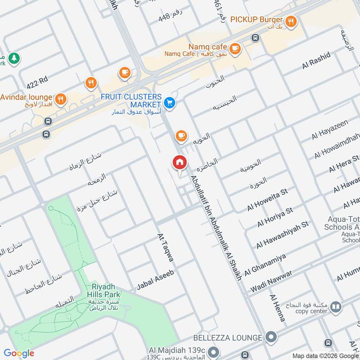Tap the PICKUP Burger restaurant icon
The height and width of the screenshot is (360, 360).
(291, 20)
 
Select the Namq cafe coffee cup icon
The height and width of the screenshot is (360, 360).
(234, 48)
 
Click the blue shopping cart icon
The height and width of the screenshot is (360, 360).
(170, 103)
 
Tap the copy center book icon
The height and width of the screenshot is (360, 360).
(335, 307)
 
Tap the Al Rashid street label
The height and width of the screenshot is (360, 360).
(316, 60)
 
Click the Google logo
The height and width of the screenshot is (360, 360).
(19, 353)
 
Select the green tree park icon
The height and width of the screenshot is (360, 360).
(14, 58)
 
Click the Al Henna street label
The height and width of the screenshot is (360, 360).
(277, 308)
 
